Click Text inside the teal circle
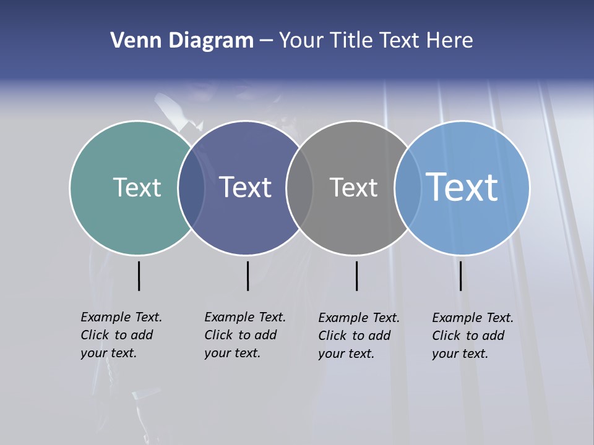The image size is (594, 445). click(x=137, y=187)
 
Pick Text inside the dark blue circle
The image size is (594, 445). click(x=246, y=187)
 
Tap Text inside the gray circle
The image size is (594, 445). click(x=353, y=187)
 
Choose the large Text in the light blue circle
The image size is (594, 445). click(x=462, y=187)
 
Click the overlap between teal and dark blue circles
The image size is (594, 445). click(x=191, y=187)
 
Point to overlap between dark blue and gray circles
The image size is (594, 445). click(x=299, y=187)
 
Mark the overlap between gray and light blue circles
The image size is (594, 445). click(x=408, y=187)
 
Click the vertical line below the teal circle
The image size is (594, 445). click(x=139, y=276)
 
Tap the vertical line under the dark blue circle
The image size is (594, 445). click(x=247, y=276)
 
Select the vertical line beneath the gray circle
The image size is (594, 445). click(x=356, y=276)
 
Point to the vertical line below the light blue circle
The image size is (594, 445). click(x=460, y=276)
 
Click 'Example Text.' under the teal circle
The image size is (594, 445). click(x=121, y=317)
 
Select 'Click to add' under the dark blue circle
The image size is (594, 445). click(x=240, y=335)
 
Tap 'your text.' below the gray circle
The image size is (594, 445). click(x=346, y=354)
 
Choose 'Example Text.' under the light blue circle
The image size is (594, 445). click(x=473, y=318)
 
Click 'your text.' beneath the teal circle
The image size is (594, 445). click(x=108, y=354)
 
